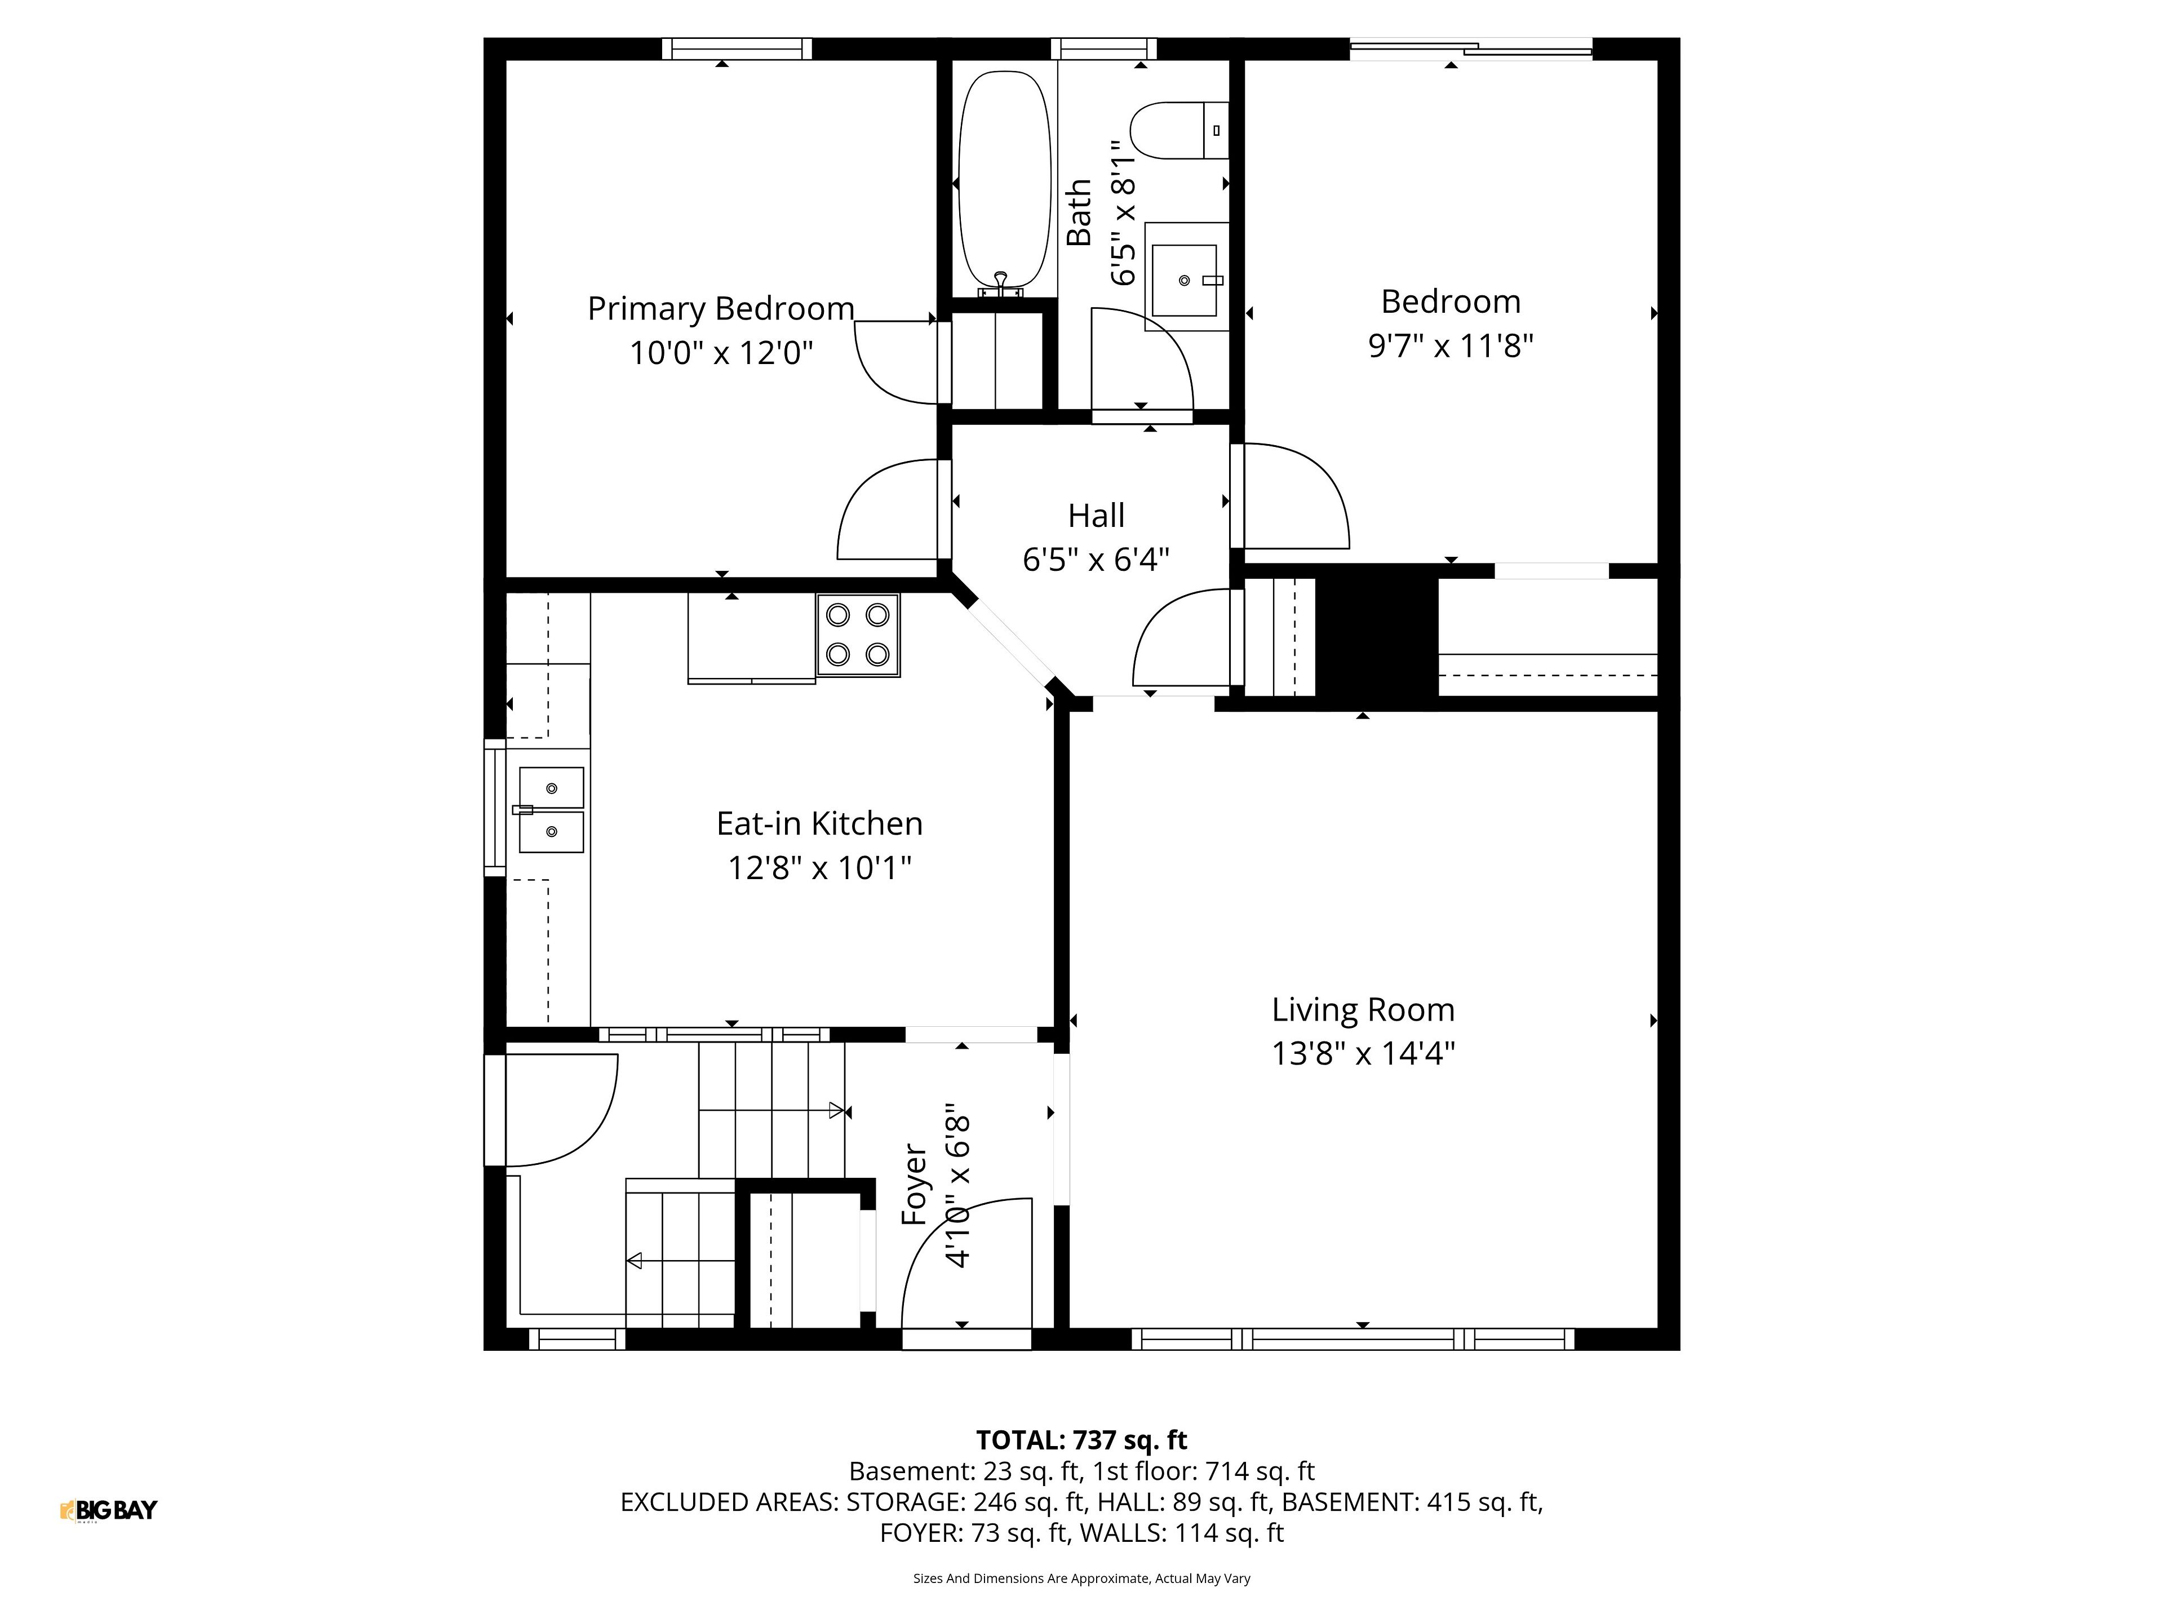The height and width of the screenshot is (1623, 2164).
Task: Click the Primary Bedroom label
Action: point(721,309)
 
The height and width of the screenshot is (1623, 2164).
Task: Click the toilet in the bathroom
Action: point(1179,130)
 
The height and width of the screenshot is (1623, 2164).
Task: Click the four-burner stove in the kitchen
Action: point(858,636)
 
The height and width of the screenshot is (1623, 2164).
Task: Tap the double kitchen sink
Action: point(551,810)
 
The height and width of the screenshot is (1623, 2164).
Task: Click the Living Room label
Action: point(1363,1010)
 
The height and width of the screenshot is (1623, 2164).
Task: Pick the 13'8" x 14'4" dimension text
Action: point(1363,1054)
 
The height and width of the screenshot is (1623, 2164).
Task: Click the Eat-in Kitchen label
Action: point(820,824)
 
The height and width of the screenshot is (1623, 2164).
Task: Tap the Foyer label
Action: point(914,1185)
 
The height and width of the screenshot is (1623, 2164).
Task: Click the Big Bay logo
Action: point(109,1510)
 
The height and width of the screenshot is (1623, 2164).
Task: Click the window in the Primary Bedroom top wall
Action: point(737,49)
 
